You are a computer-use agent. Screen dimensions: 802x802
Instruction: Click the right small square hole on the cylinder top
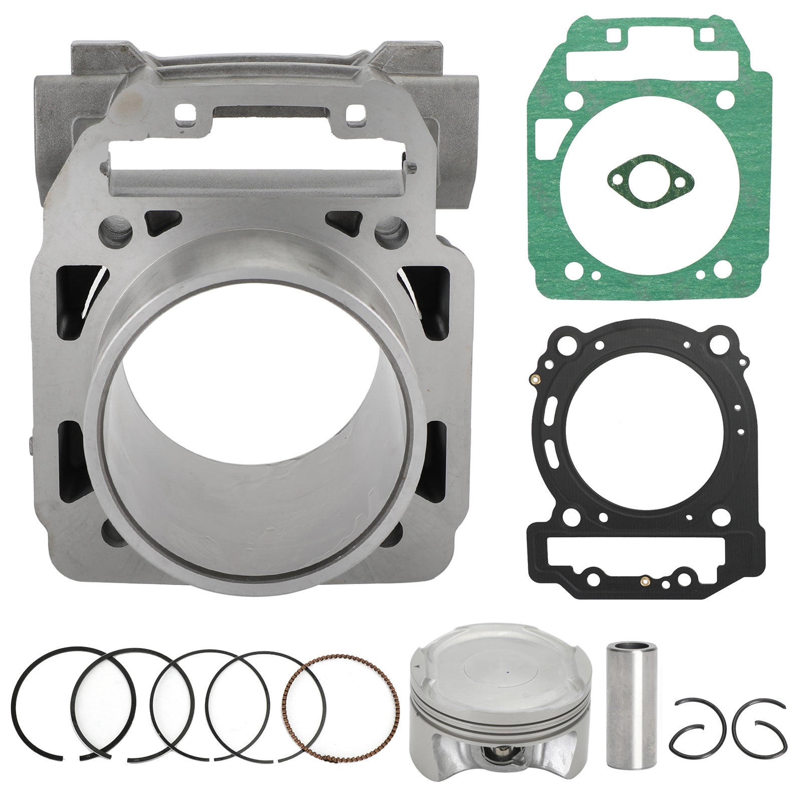356,111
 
